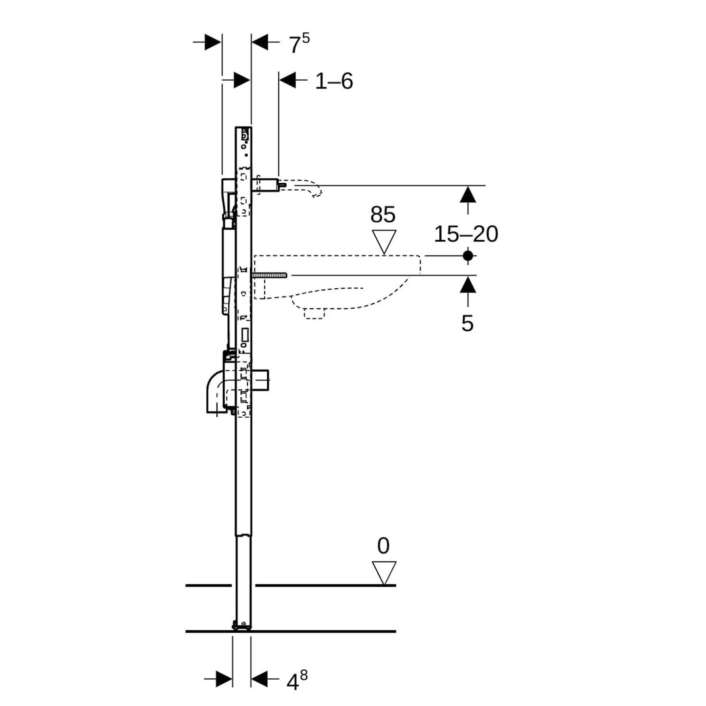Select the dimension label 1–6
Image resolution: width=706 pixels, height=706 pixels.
[x=334, y=81]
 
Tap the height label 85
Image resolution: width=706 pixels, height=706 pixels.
[x=383, y=214]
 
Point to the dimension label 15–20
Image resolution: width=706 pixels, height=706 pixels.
[x=466, y=234]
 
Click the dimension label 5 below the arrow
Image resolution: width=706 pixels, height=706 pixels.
[x=468, y=323]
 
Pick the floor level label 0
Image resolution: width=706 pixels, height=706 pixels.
[x=384, y=546]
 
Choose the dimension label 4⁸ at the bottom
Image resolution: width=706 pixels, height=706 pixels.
[x=296, y=681]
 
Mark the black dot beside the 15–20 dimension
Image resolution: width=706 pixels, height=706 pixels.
[x=468, y=255]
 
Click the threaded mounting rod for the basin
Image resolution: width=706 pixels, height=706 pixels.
[x=270, y=276]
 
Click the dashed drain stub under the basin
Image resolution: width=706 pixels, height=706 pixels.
[x=314, y=313]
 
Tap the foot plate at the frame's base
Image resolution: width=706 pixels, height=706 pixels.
[x=241, y=625]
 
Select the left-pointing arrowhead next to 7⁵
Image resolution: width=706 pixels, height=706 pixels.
[x=260, y=43]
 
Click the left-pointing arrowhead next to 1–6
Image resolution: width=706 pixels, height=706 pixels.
[x=288, y=80]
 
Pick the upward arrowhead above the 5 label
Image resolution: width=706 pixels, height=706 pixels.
[x=468, y=284]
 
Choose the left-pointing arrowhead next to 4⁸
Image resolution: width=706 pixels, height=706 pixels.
[x=260, y=679]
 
